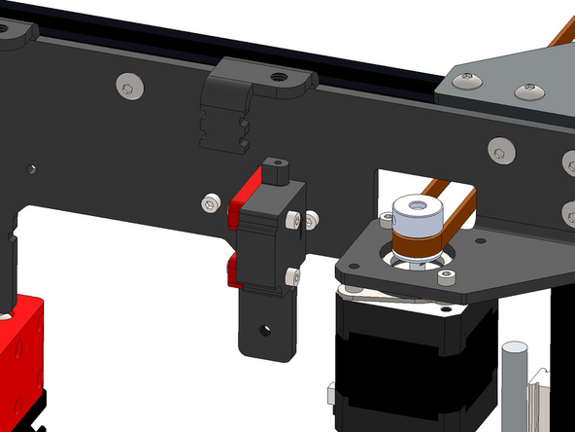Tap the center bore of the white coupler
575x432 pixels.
pyautogui.click(x=416, y=206)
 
